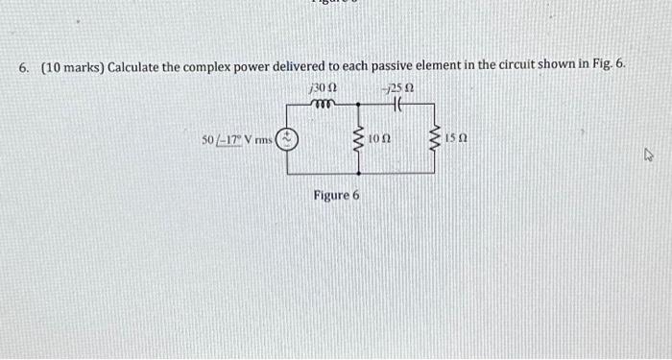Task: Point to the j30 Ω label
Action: point(320,87)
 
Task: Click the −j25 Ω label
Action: point(395,87)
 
